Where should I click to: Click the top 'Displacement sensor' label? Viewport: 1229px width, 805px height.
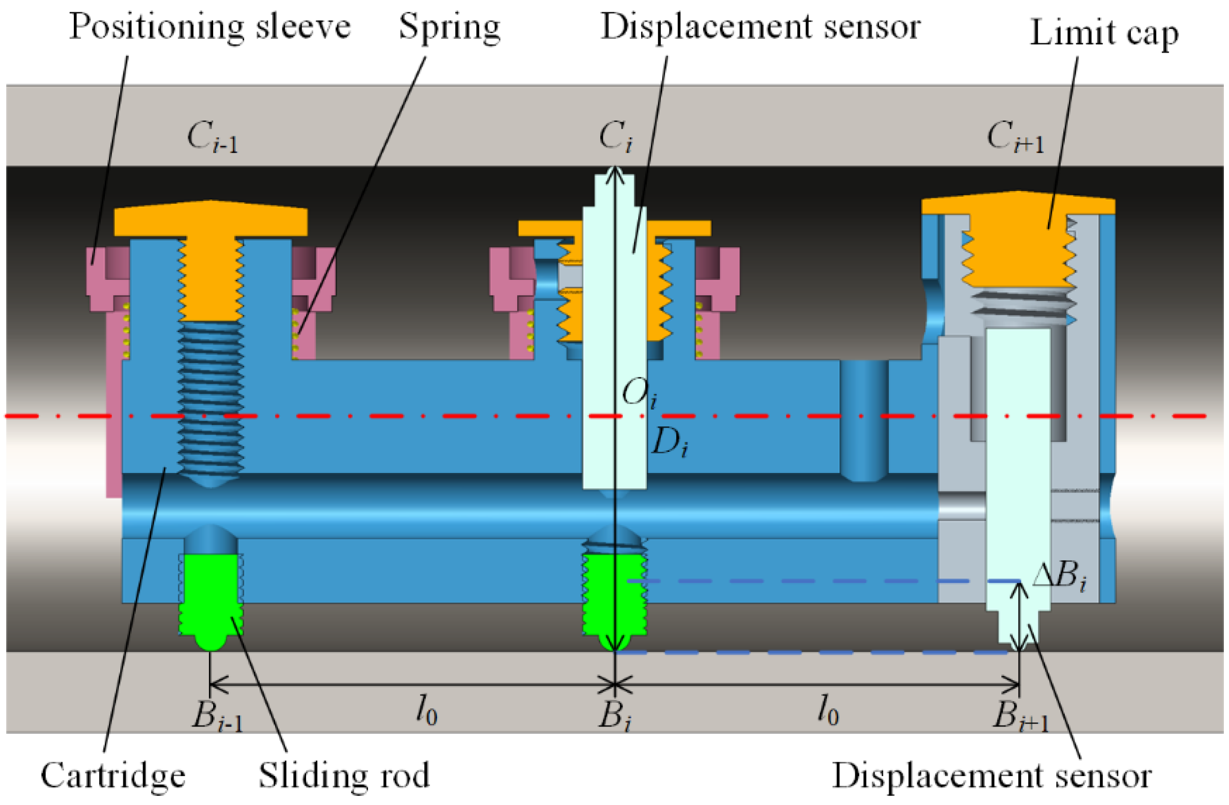(760, 27)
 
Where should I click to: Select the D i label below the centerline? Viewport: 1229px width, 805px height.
(669, 444)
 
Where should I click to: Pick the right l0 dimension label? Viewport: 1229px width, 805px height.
(827, 711)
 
